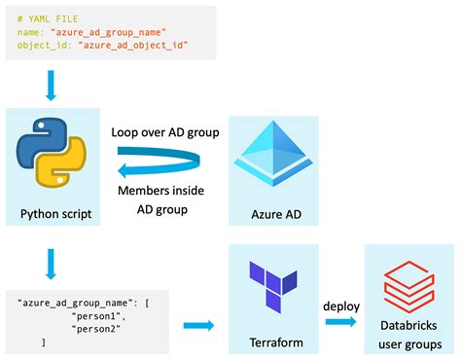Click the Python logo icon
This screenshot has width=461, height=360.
[52, 159]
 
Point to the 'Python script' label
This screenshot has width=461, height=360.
[55, 213]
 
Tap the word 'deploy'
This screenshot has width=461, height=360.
[340, 306]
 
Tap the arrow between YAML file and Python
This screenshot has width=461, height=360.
[50, 87]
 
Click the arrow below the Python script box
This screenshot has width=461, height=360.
[50, 260]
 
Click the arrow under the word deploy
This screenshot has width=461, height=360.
[339, 324]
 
